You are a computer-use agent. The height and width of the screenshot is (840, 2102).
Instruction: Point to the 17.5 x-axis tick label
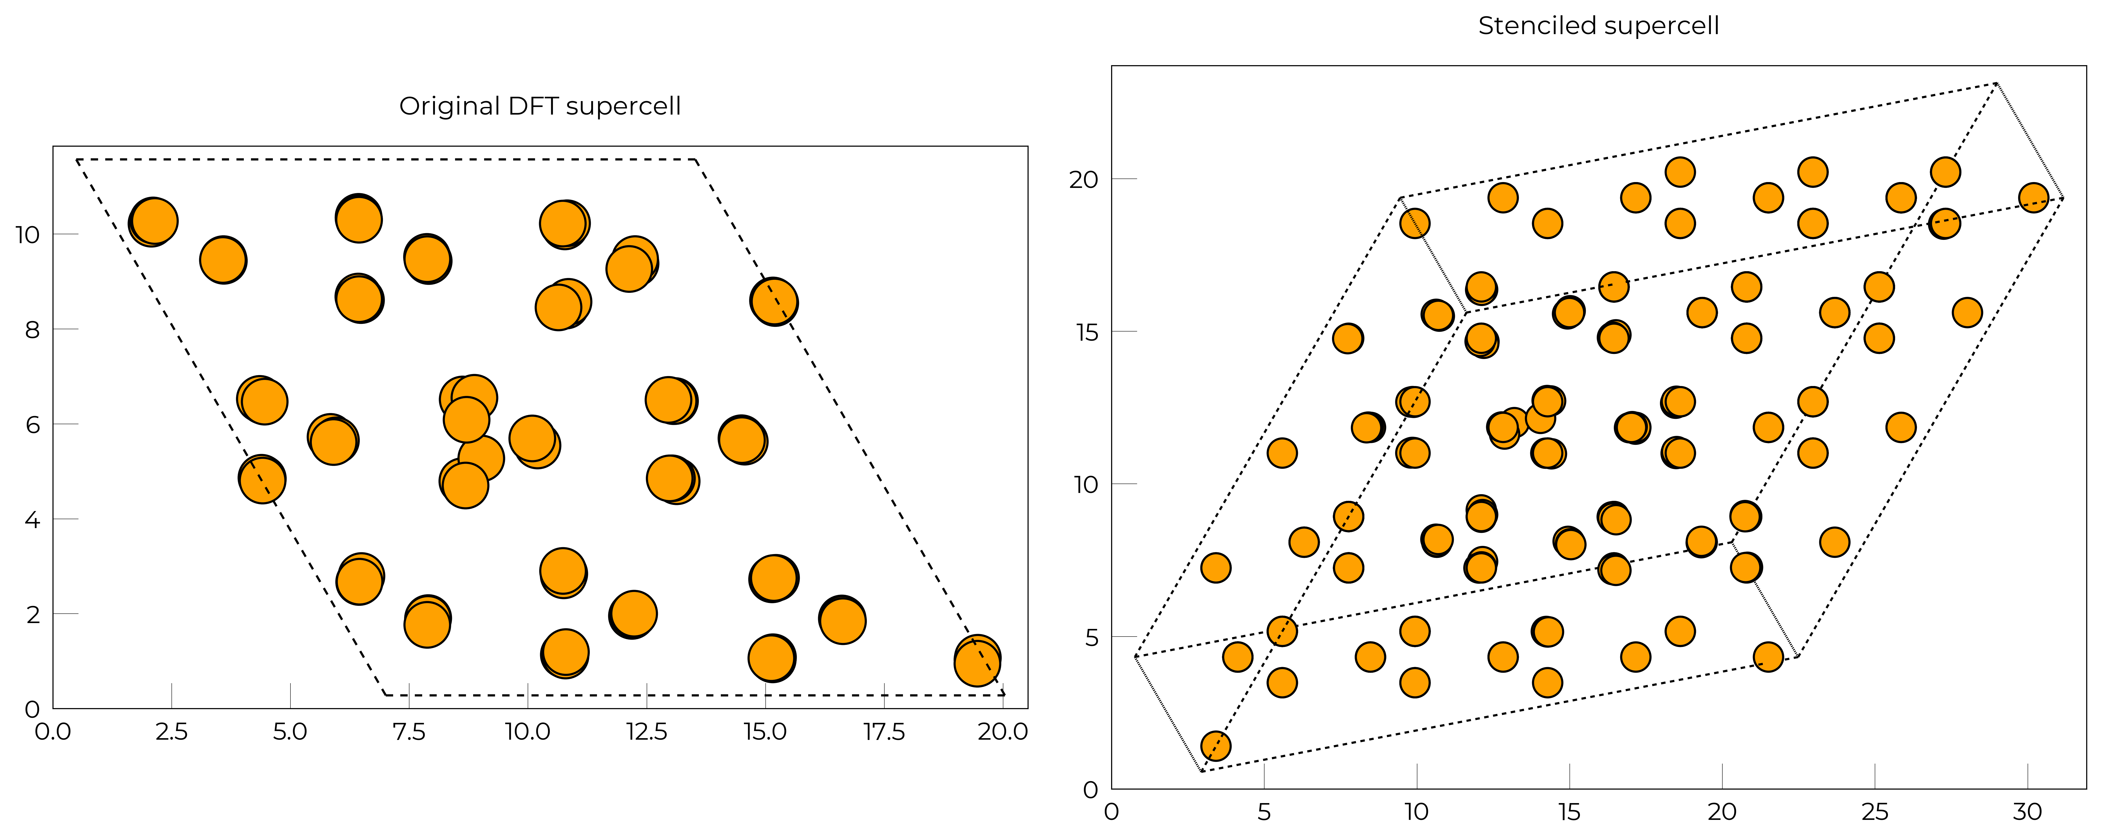click(885, 732)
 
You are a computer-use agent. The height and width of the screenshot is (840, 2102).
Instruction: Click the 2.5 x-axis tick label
click(171, 732)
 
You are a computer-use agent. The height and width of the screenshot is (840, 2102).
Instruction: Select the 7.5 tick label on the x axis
click(409, 732)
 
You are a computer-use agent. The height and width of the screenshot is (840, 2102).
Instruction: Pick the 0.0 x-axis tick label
click(53, 732)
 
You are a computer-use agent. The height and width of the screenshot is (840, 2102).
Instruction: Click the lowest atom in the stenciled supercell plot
click(1216, 745)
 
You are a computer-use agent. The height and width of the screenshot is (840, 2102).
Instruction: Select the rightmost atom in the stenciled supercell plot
click(2033, 197)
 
